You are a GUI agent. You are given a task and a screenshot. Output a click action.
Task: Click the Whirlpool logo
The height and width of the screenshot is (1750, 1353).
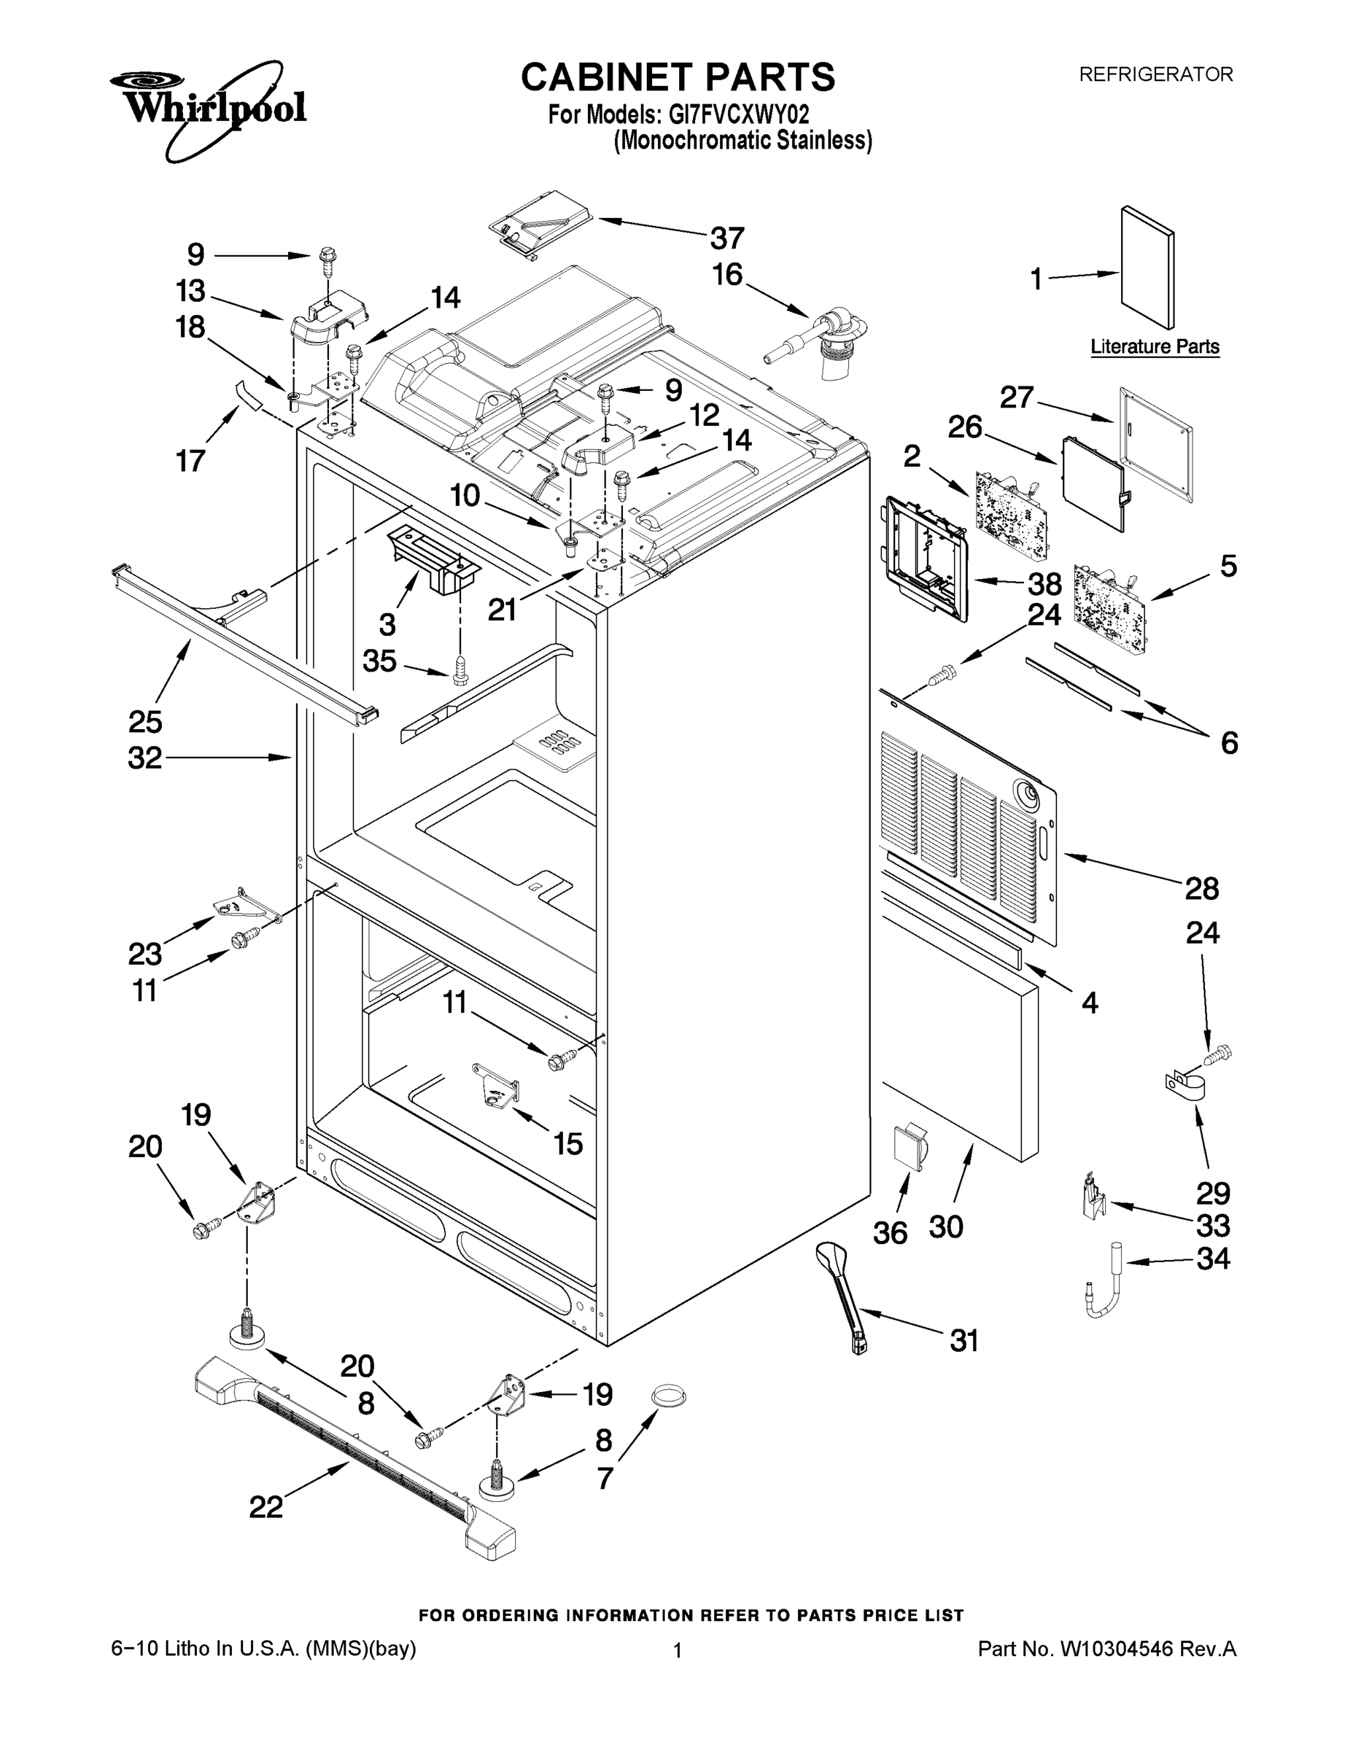[x=207, y=106]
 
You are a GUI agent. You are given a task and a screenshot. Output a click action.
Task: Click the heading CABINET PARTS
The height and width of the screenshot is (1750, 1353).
[x=678, y=78]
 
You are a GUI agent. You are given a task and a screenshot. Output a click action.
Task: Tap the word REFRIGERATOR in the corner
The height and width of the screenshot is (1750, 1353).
[x=1155, y=75]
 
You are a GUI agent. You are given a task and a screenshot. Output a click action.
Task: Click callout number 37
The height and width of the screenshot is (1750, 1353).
[x=727, y=238]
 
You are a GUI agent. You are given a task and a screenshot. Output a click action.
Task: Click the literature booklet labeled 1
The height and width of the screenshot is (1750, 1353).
[x=1147, y=268]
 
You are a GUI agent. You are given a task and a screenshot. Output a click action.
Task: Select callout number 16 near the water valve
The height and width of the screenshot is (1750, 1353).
[x=727, y=275]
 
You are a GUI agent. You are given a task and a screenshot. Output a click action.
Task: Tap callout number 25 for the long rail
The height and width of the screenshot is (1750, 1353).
[x=145, y=722]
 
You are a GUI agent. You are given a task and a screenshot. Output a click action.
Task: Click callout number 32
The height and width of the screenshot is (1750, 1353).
[x=145, y=758]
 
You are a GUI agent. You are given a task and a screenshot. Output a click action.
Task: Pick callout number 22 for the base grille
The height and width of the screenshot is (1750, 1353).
[x=266, y=1507]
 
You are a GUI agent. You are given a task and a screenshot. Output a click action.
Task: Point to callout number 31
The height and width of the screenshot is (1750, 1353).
[x=964, y=1339]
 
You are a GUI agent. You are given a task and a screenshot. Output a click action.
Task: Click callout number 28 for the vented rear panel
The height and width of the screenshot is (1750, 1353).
[x=1201, y=889]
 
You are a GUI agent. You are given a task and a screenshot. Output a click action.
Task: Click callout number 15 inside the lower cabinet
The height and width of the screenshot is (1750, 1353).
[x=567, y=1143]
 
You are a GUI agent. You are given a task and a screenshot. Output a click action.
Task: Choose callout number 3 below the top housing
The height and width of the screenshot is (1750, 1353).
[x=387, y=623]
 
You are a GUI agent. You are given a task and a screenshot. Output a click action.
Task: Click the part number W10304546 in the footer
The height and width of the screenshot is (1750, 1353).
[x=1116, y=1649]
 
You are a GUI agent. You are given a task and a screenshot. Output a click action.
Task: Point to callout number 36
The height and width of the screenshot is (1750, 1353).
[x=890, y=1233]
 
